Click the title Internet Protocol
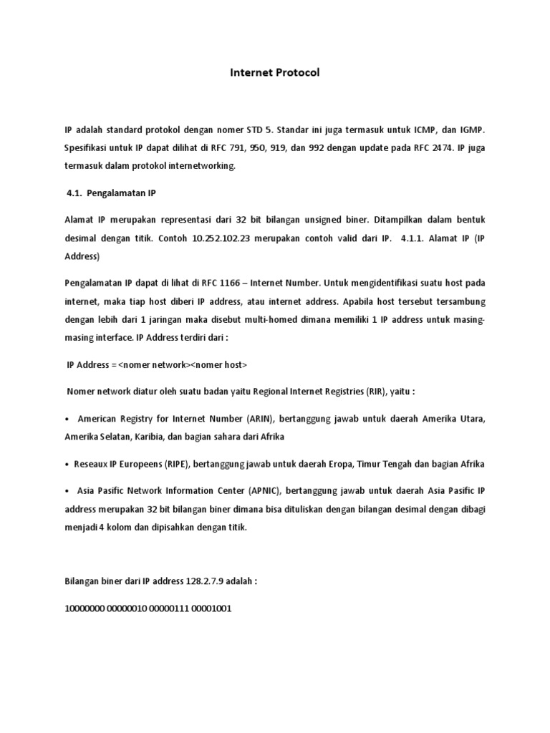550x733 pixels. point(274,72)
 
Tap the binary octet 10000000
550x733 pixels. point(85,609)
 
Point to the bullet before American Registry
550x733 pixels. point(67,417)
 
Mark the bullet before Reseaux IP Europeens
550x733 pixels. point(67,464)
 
